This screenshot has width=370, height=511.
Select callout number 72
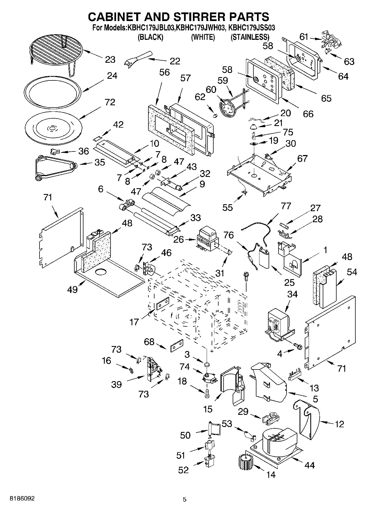(x=110, y=102)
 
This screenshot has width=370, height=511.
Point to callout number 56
(x=164, y=72)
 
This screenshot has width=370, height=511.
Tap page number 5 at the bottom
(x=185, y=499)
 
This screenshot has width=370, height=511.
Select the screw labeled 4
(x=298, y=346)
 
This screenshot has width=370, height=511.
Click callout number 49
(x=72, y=289)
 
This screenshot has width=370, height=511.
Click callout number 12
(x=340, y=424)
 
